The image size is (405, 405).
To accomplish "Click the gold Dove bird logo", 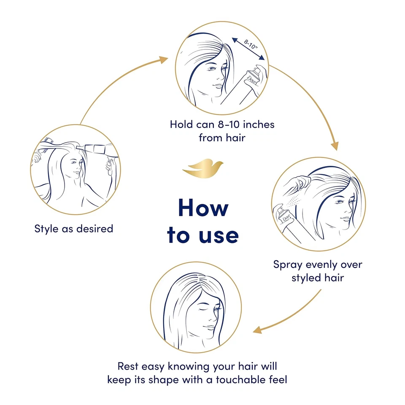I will pos(203,168).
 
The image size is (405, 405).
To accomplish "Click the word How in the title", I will pos(203,207).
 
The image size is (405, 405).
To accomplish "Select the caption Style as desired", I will pos(74,229).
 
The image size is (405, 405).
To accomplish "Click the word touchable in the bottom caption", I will pos(240,379).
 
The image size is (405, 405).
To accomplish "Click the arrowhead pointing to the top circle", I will pos(163,60).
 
